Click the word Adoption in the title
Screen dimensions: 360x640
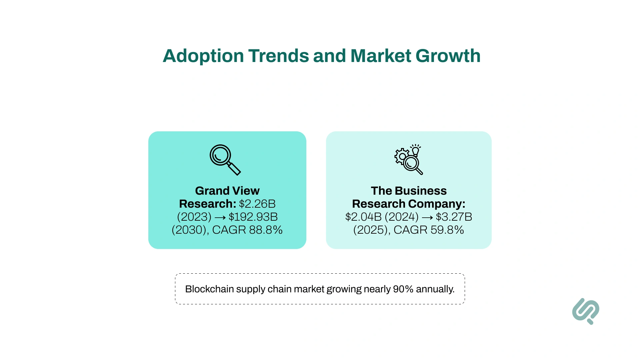pos(203,56)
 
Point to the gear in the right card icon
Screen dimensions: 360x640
pos(401,156)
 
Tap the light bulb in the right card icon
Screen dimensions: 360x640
pos(415,150)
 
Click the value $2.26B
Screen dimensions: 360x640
pos(257,204)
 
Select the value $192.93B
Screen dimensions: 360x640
pos(253,217)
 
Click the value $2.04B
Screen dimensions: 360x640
pos(363,217)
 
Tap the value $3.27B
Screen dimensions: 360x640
pos(454,217)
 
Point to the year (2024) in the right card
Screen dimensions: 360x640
pos(401,217)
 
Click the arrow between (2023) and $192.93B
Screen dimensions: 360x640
pos(220,217)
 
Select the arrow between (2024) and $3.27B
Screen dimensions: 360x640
pos(427,217)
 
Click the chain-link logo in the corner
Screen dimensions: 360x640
pos(586,311)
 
